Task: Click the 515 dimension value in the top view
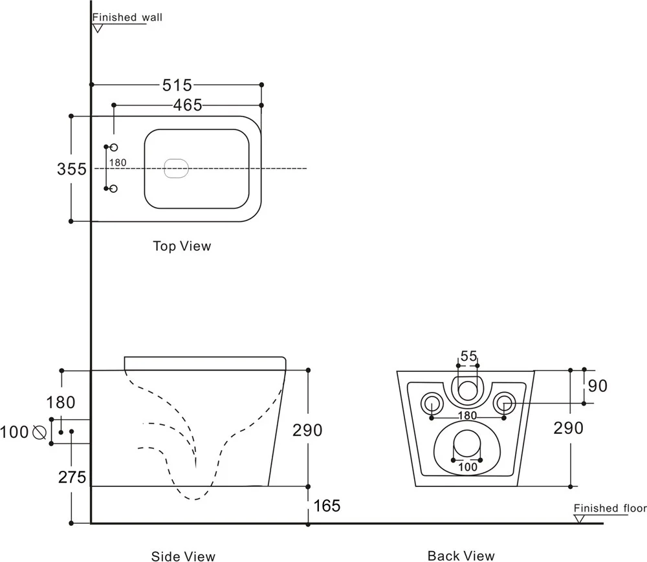pos(177,85)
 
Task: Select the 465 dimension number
pos(188,105)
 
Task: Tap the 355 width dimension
pos(71,169)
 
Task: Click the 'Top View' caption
pos(182,246)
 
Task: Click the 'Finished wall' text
pos(127,17)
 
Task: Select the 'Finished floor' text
pos(609,508)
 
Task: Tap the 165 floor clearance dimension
pos(327,506)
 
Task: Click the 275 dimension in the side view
pos(72,477)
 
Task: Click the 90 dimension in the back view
pos(598,386)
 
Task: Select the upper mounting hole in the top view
pos(114,148)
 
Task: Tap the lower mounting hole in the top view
pos(114,189)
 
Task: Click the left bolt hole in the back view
pos(432,404)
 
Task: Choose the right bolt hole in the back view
pos(504,404)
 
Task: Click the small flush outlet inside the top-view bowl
pos(177,168)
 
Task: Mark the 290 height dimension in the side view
pos(308,429)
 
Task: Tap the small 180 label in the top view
pos(118,163)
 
